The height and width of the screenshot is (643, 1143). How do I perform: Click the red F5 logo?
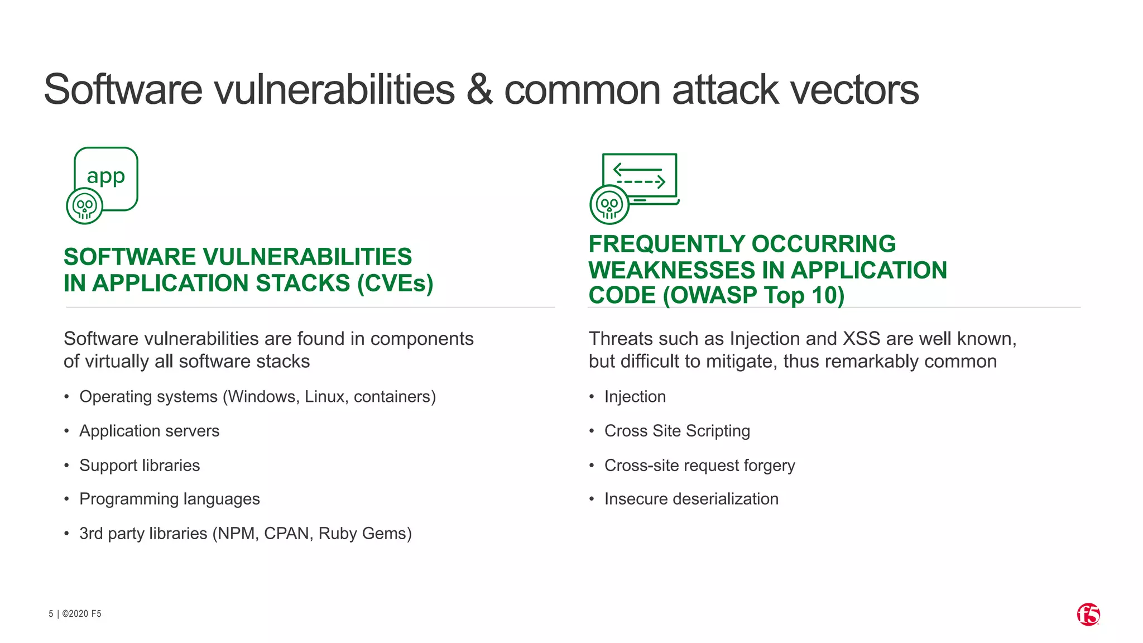(x=1088, y=615)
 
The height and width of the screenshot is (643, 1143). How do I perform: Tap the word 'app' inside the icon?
(x=106, y=177)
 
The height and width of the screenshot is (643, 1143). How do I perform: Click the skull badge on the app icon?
(x=85, y=206)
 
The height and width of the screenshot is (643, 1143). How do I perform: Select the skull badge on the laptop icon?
(x=609, y=205)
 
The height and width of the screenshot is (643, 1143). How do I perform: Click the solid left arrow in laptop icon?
(x=637, y=169)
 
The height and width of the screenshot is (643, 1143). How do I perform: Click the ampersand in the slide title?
(x=479, y=89)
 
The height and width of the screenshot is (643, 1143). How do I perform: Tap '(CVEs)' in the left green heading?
(x=395, y=283)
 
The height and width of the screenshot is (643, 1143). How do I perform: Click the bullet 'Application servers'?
(x=149, y=431)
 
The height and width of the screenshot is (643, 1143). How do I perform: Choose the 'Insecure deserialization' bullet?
(x=691, y=498)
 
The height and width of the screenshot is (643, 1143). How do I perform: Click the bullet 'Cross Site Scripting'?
(x=677, y=431)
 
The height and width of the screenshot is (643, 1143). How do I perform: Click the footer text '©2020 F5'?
(x=81, y=613)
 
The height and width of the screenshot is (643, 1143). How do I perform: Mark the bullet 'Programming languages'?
(x=169, y=498)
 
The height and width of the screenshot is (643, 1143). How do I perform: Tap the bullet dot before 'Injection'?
(x=592, y=397)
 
